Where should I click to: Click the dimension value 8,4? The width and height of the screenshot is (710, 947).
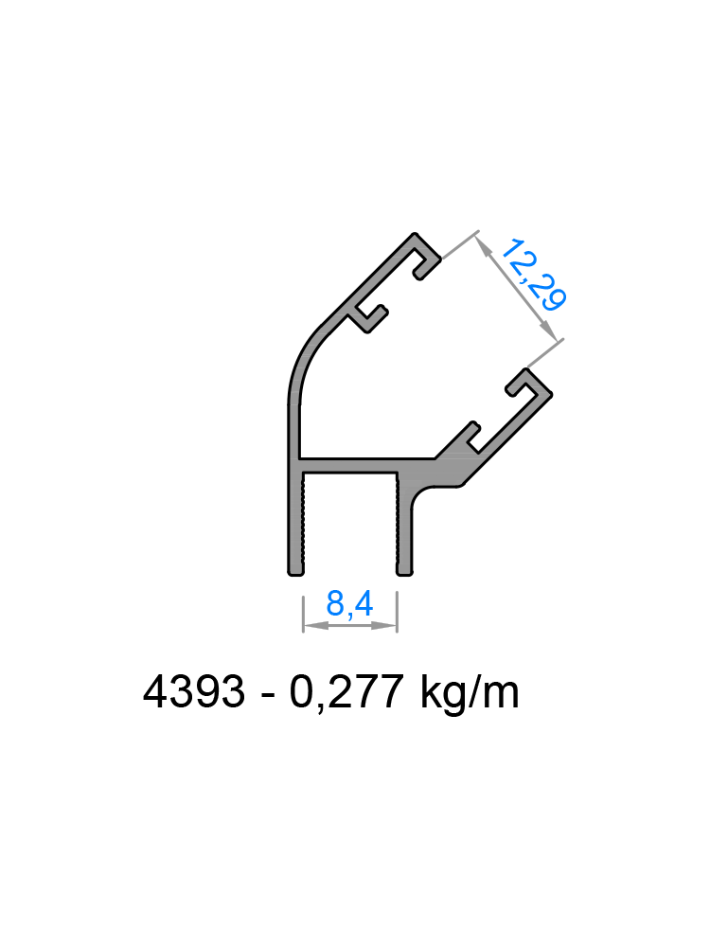[348, 603]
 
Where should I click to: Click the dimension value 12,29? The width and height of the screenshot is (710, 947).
[533, 276]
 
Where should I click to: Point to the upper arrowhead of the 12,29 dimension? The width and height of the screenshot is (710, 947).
[482, 242]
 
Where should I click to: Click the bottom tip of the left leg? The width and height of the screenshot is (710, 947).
[294, 570]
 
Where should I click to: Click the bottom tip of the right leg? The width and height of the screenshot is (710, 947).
[404, 570]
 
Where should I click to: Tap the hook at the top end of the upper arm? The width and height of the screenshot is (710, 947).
[423, 254]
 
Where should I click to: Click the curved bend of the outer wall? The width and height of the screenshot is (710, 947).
[307, 360]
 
